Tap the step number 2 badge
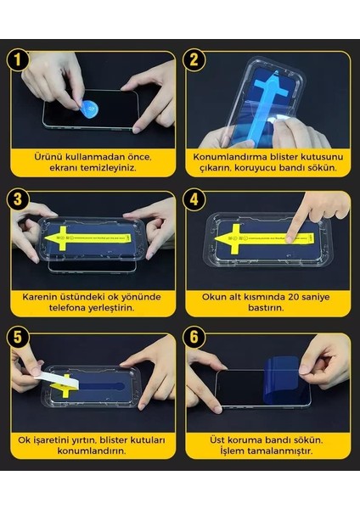click(x=195, y=62)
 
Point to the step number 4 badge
click(x=195, y=202)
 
